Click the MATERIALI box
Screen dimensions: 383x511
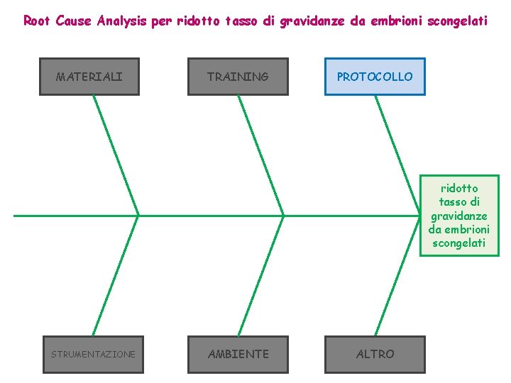tap(89, 77)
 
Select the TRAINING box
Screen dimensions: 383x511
tap(238, 77)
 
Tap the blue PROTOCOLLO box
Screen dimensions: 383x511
tap(375, 77)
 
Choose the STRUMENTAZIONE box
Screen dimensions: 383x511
tap(93, 354)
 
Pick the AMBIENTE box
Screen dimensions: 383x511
tap(238, 354)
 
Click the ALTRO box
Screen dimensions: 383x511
tap(375, 354)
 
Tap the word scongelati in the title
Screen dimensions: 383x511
tap(458, 21)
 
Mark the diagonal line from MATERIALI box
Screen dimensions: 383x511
tap(116, 155)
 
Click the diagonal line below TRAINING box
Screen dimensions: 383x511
tap(260, 155)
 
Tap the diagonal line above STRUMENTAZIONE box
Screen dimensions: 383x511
tap(116, 275)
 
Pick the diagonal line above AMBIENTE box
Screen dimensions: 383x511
tap(260, 275)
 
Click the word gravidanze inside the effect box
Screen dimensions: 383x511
tap(459, 216)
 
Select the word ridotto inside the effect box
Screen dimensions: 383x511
tap(459, 188)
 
